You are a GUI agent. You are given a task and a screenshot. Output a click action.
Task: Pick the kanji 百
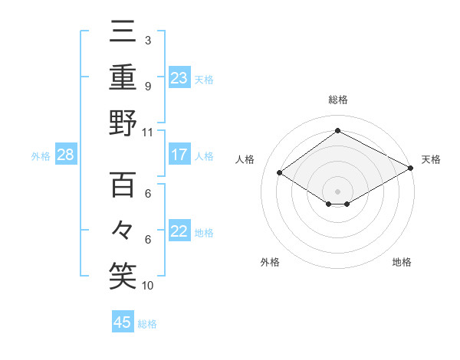click(123, 185)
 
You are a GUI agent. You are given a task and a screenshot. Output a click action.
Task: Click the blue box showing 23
click(179, 77)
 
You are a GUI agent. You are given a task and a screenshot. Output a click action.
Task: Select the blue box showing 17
click(179, 155)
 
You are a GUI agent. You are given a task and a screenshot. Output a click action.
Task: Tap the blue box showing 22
click(179, 231)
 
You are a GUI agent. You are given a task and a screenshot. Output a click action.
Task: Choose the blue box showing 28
click(66, 155)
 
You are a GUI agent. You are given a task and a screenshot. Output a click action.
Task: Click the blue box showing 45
click(123, 322)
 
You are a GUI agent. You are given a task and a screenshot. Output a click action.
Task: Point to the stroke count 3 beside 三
click(147, 41)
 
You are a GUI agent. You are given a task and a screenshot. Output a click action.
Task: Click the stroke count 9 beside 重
click(147, 86)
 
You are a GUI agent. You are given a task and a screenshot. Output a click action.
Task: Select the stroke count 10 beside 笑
click(148, 286)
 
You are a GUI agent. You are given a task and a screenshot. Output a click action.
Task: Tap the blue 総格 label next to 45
click(147, 324)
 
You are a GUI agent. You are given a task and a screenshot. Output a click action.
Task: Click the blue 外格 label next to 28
click(41, 156)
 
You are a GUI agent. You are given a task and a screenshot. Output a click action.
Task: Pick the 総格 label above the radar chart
click(338, 100)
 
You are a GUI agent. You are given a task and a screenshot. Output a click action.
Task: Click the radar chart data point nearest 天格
click(412, 169)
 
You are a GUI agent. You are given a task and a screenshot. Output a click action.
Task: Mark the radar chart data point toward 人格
click(280, 173)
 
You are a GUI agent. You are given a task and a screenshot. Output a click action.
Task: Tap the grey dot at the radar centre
click(338, 190)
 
